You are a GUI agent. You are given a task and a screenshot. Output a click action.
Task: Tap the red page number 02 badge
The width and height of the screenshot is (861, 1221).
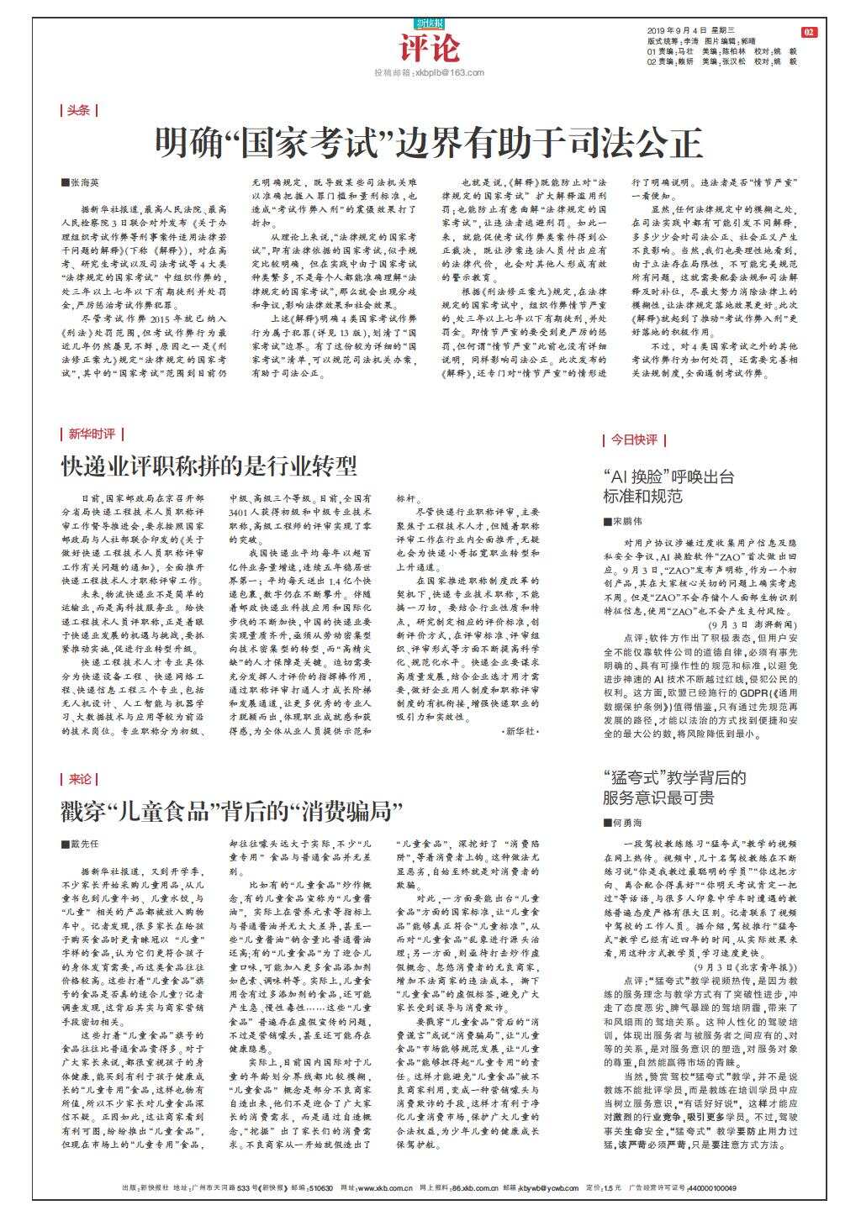tap(809, 32)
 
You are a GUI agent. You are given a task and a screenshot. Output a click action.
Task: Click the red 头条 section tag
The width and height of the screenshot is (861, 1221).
tap(79, 110)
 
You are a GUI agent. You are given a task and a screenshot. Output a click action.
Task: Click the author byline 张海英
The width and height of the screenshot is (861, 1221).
tap(84, 182)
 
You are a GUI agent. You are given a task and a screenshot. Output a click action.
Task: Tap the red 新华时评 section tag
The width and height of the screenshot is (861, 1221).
tap(92, 434)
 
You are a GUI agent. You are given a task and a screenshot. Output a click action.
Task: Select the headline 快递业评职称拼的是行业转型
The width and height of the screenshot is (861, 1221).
tap(209, 466)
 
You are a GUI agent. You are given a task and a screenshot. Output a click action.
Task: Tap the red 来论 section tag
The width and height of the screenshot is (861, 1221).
tap(79, 779)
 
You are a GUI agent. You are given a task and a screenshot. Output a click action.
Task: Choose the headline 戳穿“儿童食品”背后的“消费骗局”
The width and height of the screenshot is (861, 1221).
tap(232, 812)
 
